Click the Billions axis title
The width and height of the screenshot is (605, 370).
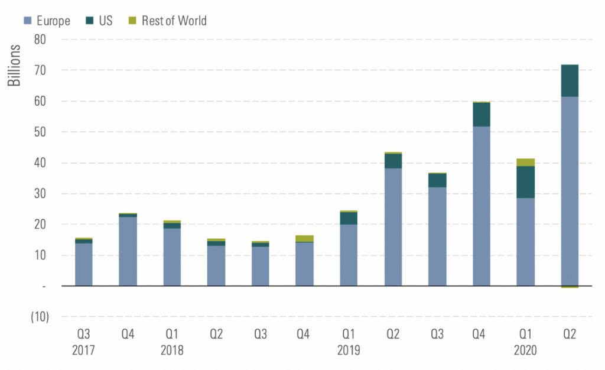pos(14,65)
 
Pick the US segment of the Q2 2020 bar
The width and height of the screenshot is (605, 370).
pos(570,80)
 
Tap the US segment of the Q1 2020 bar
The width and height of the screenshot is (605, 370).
pos(525,182)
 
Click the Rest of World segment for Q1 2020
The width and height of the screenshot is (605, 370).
pos(525,163)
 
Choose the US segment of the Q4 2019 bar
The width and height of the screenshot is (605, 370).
pos(482,115)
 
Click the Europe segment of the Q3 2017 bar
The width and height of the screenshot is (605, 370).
pos(84,264)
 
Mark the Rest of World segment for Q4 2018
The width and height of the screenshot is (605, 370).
pos(305,238)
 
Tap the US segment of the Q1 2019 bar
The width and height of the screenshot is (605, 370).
pos(349,218)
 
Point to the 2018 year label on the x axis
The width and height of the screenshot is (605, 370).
pos(172,350)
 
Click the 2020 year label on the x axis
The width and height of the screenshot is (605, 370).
pos(525,350)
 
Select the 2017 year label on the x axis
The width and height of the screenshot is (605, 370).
pos(84,350)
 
